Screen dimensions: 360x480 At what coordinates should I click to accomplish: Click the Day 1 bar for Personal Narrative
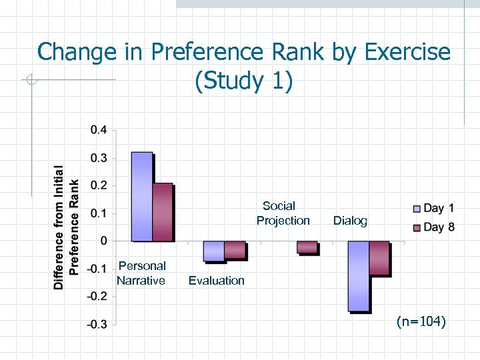pos(142,197)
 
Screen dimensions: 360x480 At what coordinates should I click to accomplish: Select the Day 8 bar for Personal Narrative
pos(163,212)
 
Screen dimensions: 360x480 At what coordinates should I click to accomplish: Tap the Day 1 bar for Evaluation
pos(214,251)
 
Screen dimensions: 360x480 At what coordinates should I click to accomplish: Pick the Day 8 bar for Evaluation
pos(235,249)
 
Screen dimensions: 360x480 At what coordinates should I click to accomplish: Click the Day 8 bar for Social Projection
pos(307,247)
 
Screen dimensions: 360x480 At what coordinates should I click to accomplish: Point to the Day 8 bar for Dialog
pos(379,258)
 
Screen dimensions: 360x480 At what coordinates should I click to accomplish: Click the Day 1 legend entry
pos(434,208)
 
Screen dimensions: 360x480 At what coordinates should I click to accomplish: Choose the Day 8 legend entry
pos(434,227)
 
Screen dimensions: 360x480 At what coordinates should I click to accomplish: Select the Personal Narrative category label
pos(141,273)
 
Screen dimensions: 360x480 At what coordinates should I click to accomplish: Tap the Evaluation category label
pos(216,281)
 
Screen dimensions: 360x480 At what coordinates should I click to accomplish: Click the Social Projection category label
pos(283,213)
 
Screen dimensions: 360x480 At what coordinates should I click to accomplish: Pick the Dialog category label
pos(350,221)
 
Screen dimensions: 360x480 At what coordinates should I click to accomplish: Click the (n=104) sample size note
pos(421,322)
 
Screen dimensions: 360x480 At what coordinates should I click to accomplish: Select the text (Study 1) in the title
pos(243,81)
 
